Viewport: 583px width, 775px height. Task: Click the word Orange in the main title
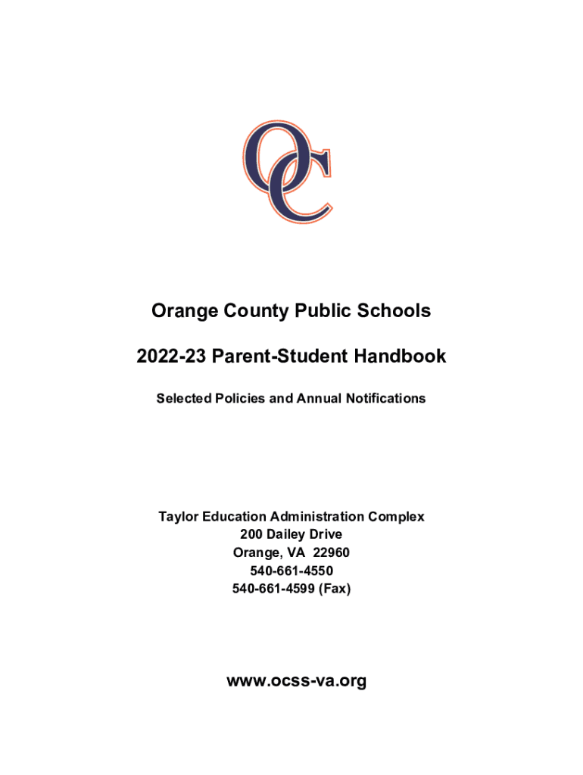[x=182, y=310]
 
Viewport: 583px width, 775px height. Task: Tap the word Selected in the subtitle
[x=182, y=398]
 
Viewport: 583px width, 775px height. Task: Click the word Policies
[x=238, y=398]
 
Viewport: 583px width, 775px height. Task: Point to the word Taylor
[x=178, y=517]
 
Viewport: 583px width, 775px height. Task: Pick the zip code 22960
[x=332, y=553]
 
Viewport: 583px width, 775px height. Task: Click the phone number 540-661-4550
[x=291, y=571]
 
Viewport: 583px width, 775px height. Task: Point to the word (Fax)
[x=335, y=589]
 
